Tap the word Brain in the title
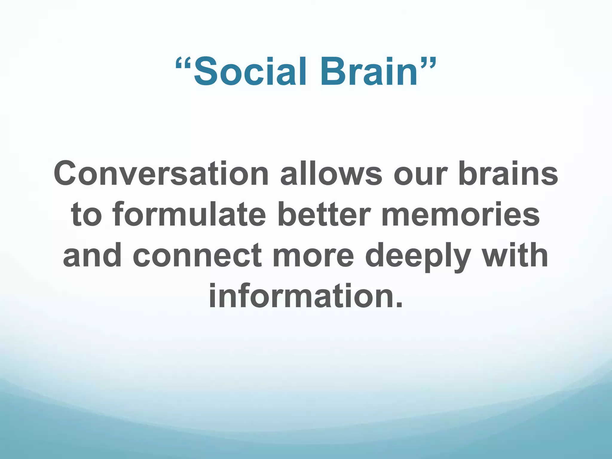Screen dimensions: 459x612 click(369, 72)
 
